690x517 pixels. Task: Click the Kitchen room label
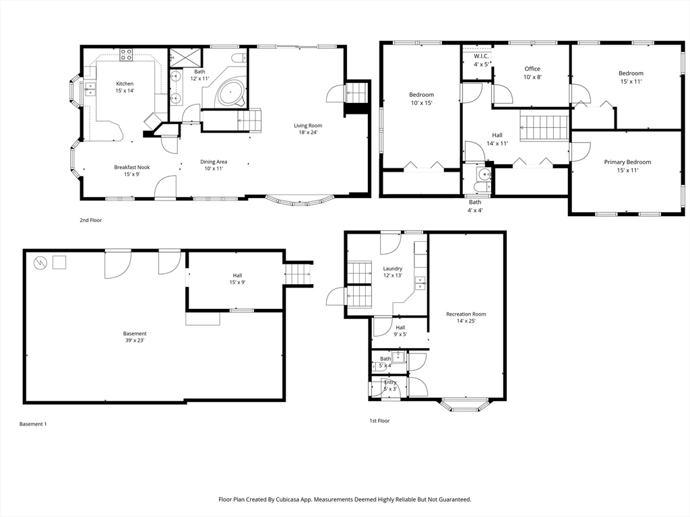click(125, 83)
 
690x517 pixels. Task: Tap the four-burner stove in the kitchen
click(126, 55)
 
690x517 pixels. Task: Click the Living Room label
click(308, 126)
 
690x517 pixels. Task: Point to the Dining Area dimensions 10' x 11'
click(214, 168)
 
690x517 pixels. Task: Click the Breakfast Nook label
click(132, 167)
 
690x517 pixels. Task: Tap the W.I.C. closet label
click(481, 57)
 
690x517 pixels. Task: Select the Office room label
click(532, 69)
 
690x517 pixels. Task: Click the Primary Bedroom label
click(627, 162)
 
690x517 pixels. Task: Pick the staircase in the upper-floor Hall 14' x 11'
click(544, 127)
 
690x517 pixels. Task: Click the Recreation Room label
click(466, 314)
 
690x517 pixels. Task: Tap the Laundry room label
click(393, 269)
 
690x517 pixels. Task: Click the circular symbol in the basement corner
click(40, 263)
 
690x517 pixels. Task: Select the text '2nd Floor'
click(91, 220)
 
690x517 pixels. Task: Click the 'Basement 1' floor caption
click(33, 424)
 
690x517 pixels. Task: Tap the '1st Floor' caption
click(379, 421)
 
